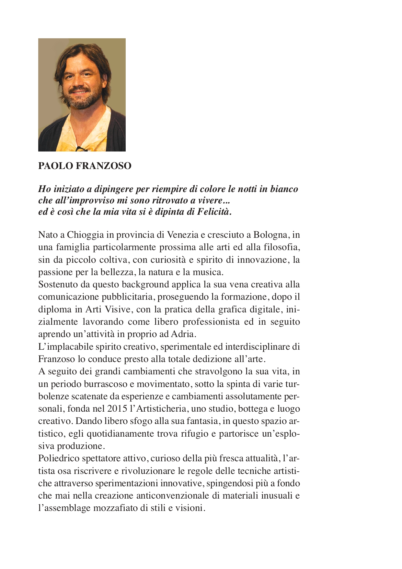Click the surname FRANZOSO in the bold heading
click(x=103, y=166)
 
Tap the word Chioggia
click(x=86, y=235)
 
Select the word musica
click(x=208, y=272)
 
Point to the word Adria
click(x=184, y=334)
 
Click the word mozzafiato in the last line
click(x=115, y=508)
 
